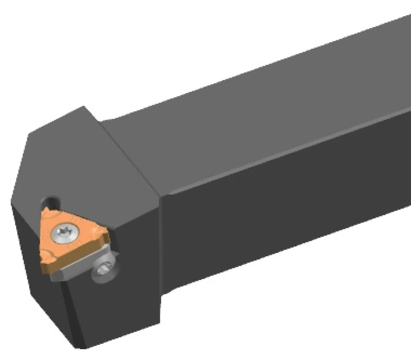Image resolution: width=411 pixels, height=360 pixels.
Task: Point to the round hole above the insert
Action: click(51, 201)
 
